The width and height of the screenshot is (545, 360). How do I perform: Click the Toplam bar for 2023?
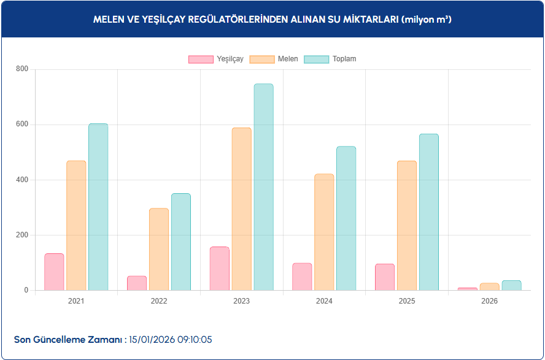point(263,187)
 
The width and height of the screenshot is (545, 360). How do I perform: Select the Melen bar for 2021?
point(76,225)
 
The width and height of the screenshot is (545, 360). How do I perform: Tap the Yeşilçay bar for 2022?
point(137,283)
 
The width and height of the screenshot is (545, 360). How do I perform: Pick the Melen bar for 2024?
point(324,232)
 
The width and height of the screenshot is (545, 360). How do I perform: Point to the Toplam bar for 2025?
point(429,212)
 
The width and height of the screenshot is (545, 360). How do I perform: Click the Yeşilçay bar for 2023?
point(219,269)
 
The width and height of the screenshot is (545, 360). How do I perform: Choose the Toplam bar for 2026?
point(511,285)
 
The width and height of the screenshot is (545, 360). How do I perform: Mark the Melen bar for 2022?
point(159,249)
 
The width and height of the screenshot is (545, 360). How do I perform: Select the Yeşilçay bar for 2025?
point(385,277)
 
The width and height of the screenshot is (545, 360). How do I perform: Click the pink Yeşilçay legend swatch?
point(201,59)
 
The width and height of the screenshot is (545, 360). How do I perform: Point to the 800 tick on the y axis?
point(22,69)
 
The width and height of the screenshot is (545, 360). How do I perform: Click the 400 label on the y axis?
point(22,180)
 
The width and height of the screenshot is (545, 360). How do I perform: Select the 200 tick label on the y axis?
point(22,235)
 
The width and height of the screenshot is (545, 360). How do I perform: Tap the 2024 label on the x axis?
point(324,301)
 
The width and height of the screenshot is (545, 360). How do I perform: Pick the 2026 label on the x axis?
point(489,301)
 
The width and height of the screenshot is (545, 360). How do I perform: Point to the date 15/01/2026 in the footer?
point(153,339)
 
